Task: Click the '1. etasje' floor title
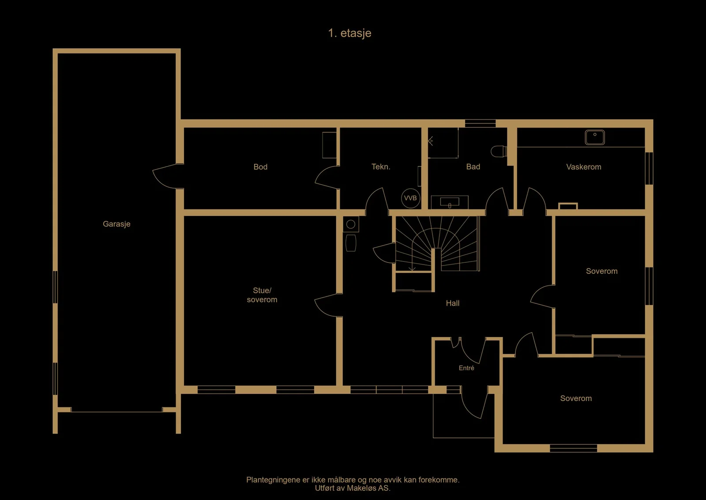click(x=349, y=33)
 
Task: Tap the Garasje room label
click(x=116, y=224)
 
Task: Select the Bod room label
click(x=260, y=167)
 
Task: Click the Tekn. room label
click(x=381, y=167)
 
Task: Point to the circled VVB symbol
click(x=410, y=198)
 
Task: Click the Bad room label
click(x=473, y=167)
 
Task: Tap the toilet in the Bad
click(x=499, y=151)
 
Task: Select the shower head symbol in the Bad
click(x=431, y=141)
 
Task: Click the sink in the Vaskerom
click(x=595, y=137)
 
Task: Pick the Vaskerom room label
click(x=584, y=167)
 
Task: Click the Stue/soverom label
click(x=262, y=295)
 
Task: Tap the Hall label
click(x=453, y=303)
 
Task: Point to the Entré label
click(x=466, y=368)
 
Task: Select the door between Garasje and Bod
click(x=167, y=176)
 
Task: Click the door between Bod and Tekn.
click(x=327, y=178)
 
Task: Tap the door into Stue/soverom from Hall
click(x=328, y=305)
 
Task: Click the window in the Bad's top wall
click(x=481, y=123)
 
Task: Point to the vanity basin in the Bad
click(x=450, y=202)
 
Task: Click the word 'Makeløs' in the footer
click(x=361, y=488)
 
